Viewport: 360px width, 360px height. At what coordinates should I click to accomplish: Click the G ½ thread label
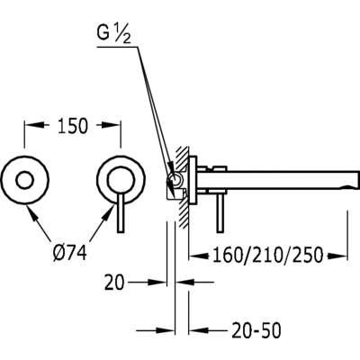click(114, 35)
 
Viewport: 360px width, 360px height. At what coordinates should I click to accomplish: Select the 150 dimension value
click(73, 126)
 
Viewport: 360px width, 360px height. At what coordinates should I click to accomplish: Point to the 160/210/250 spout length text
click(268, 256)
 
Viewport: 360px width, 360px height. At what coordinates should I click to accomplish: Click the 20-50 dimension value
click(256, 330)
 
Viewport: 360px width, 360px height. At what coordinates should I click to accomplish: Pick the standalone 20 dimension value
click(114, 283)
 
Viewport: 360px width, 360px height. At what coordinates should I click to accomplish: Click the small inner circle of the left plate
click(25, 181)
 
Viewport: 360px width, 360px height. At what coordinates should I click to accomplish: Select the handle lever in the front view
click(121, 213)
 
